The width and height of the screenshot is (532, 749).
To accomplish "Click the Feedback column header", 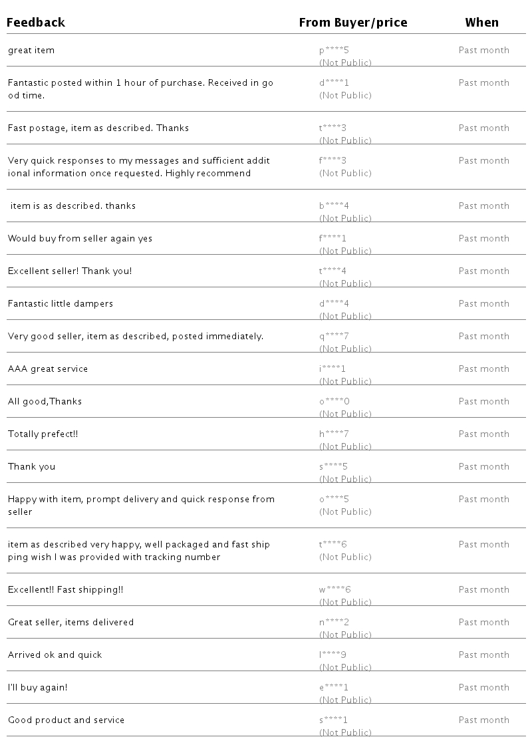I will (x=36, y=23).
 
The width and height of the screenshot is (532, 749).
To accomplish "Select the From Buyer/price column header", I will (x=352, y=23).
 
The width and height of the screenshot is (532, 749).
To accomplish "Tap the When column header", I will (x=481, y=23).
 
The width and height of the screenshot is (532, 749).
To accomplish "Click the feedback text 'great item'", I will (x=31, y=51).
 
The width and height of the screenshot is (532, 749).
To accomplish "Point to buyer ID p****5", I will (x=333, y=51).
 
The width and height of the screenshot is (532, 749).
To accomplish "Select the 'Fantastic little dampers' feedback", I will (x=61, y=304).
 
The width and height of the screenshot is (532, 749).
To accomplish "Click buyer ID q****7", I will (x=333, y=337).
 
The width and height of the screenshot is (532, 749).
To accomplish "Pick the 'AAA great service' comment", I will (x=48, y=369).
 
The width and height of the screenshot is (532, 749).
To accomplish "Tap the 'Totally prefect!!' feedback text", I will (x=43, y=434).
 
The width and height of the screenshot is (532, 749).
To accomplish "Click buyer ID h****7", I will (x=333, y=434).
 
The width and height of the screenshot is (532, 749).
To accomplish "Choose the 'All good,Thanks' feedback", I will (x=45, y=402).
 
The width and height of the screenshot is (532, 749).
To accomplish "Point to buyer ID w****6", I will (x=334, y=590).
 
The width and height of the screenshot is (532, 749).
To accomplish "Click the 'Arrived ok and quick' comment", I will (x=55, y=655).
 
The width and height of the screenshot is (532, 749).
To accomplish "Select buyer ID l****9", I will (x=332, y=655).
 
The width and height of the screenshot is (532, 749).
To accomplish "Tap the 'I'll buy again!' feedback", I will (x=38, y=688).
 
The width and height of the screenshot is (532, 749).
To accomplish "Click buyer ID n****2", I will (x=334, y=623).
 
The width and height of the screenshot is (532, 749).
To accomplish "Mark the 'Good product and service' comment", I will (x=66, y=720).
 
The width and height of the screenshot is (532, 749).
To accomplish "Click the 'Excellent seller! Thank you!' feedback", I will (x=70, y=271).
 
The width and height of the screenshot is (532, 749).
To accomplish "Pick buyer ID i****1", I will (x=332, y=369).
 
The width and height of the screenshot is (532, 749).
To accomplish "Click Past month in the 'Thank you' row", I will (x=483, y=467).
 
